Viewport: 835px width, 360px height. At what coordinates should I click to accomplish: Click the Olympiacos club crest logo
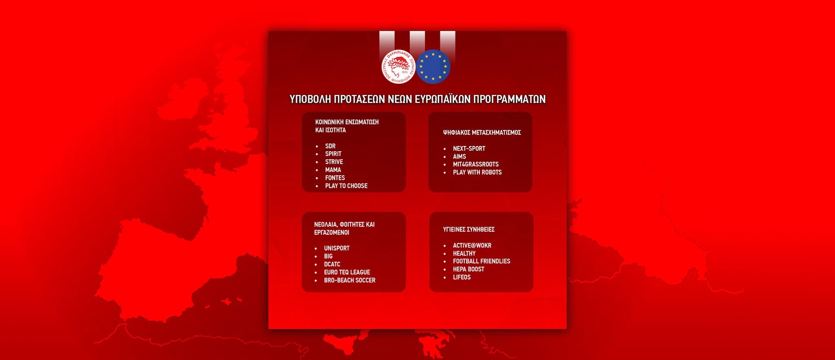[x=398, y=67]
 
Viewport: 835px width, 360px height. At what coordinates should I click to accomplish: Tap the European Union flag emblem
[x=433, y=67]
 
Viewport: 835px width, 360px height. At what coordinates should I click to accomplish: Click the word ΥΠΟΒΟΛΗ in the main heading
[x=310, y=99]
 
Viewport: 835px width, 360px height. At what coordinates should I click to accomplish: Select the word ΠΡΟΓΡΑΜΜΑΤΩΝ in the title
[x=509, y=99]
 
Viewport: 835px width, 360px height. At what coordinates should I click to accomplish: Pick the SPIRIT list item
[x=333, y=154]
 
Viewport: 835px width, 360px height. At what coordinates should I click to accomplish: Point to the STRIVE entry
[x=334, y=162]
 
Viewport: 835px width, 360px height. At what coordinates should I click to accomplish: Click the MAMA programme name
[x=333, y=170]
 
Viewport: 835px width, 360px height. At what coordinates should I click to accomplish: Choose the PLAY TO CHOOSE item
[x=346, y=186]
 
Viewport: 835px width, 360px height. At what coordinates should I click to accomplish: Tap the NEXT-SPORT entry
[x=469, y=148]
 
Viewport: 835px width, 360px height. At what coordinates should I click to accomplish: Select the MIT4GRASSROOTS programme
[x=476, y=164]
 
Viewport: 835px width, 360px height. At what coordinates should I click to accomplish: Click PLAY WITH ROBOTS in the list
[x=477, y=172]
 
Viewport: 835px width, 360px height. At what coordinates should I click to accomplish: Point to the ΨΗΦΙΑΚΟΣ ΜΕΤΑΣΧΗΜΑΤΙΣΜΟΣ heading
[x=482, y=133]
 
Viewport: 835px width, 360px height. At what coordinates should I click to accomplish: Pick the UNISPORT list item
[x=337, y=248]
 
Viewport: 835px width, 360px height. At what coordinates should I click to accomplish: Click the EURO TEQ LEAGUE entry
[x=347, y=272]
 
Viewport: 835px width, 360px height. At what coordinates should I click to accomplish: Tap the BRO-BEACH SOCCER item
[x=349, y=280]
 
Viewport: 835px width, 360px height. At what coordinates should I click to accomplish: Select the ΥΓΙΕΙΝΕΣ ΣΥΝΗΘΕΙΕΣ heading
[x=469, y=230]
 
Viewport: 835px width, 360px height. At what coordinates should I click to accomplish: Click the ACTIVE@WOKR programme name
[x=472, y=245]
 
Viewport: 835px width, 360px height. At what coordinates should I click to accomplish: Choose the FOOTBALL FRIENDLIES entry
[x=482, y=261]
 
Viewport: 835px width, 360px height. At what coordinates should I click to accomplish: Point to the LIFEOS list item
[x=462, y=277]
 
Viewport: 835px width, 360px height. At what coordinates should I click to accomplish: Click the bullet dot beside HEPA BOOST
[x=445, y=269]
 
